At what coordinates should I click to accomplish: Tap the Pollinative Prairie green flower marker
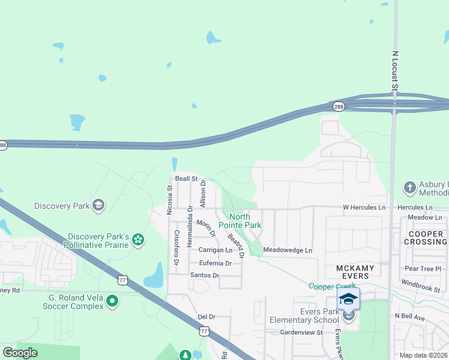138,241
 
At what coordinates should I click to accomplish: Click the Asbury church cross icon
410,188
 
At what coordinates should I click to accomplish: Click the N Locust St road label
395,71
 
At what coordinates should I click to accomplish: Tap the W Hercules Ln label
364,208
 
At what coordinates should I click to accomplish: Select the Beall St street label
186,179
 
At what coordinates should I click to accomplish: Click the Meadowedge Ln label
288,250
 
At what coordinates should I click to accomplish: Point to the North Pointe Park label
245,221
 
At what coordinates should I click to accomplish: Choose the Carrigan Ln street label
215,250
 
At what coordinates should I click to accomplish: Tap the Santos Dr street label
205,275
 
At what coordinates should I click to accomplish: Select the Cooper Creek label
328,287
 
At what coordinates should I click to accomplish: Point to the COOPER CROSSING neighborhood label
427,238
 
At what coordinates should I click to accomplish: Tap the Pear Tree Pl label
423,269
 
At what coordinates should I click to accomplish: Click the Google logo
20,353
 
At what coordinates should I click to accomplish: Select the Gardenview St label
301,332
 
